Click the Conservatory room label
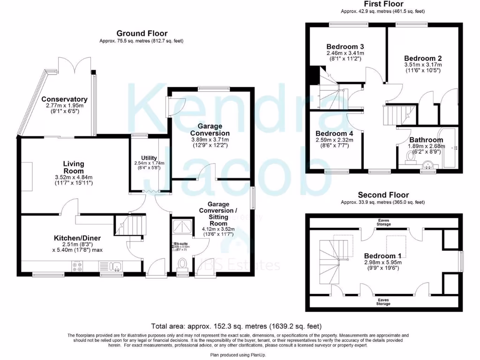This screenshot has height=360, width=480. click(64, 99)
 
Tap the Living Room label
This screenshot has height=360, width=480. click(74, 167)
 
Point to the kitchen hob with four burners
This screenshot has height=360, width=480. click(77, 266)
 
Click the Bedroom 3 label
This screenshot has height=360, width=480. click(345, 47)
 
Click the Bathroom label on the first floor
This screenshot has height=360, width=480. click(426, 140)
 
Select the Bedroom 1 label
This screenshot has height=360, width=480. click(383, 256)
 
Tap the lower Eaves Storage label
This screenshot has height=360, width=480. click(384, 301)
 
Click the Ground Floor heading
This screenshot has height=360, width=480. click(142, 33)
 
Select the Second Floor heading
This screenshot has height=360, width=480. click(383, 195)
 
